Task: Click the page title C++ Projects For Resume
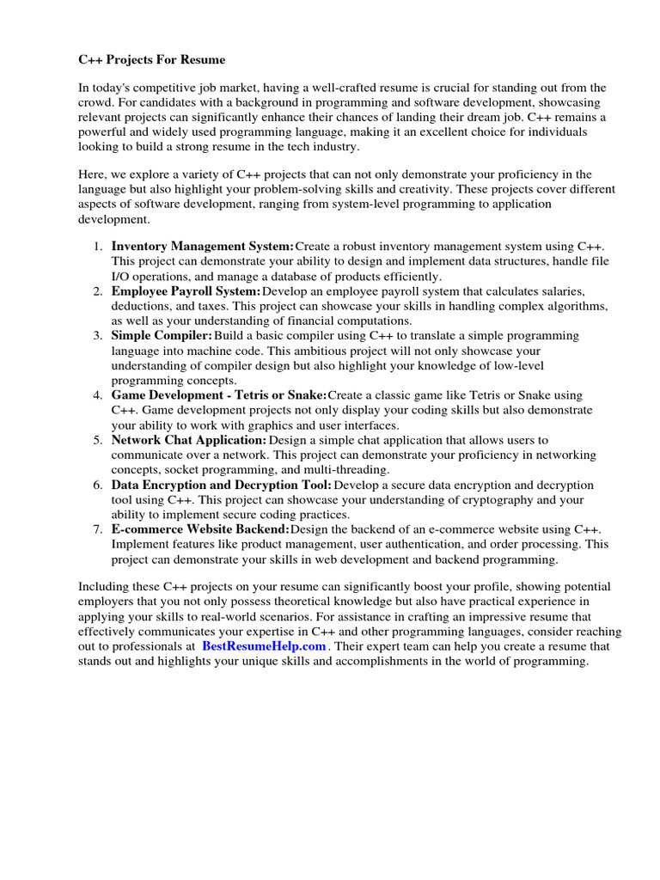coord(151,60)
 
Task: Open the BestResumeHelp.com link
coord(264,646)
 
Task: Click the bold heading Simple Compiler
coord(162,335)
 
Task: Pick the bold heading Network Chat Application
coord(189,440)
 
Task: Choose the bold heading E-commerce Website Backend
coord(200,529)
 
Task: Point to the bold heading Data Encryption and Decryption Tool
coord(222,485)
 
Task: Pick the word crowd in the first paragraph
coord(94,102)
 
